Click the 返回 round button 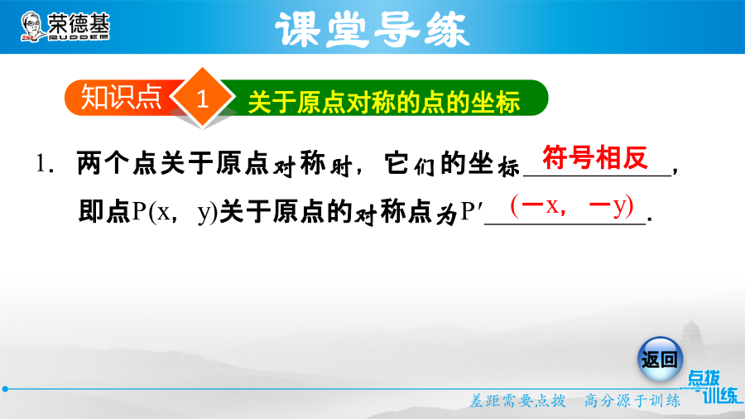660,359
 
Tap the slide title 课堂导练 372,30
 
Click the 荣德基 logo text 79,24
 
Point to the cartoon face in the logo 31,26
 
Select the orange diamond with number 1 203,98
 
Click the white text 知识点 121,98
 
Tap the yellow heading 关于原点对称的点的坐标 384,102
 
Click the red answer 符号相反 595,157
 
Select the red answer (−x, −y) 572,205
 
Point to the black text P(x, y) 175,212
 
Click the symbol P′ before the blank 471,212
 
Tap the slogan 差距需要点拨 517,401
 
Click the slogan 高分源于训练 632,401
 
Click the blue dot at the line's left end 5,389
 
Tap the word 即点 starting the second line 104,212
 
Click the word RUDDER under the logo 79,37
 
